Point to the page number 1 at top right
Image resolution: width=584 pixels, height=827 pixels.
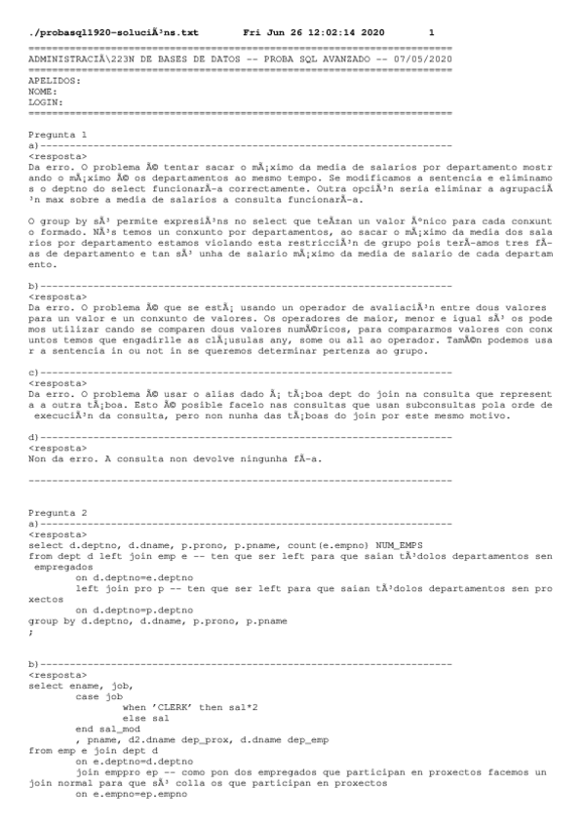(x=432, y=32)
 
